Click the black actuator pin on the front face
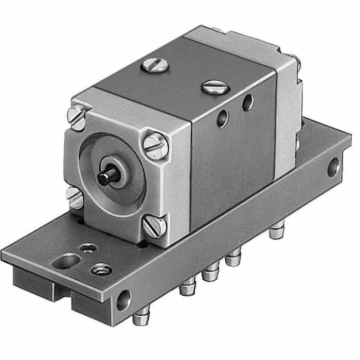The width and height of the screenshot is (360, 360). point(109,177)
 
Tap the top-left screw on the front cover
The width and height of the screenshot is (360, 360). point(79,118)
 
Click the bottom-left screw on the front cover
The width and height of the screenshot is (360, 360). point(75,197)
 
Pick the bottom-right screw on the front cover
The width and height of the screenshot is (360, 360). point(155,226)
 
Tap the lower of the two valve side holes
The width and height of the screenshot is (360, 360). point(222,120)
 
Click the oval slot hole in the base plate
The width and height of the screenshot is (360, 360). point(64,263)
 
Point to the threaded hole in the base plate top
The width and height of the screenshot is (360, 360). point(101,269)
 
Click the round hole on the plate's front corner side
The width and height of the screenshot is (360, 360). point(124,299)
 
